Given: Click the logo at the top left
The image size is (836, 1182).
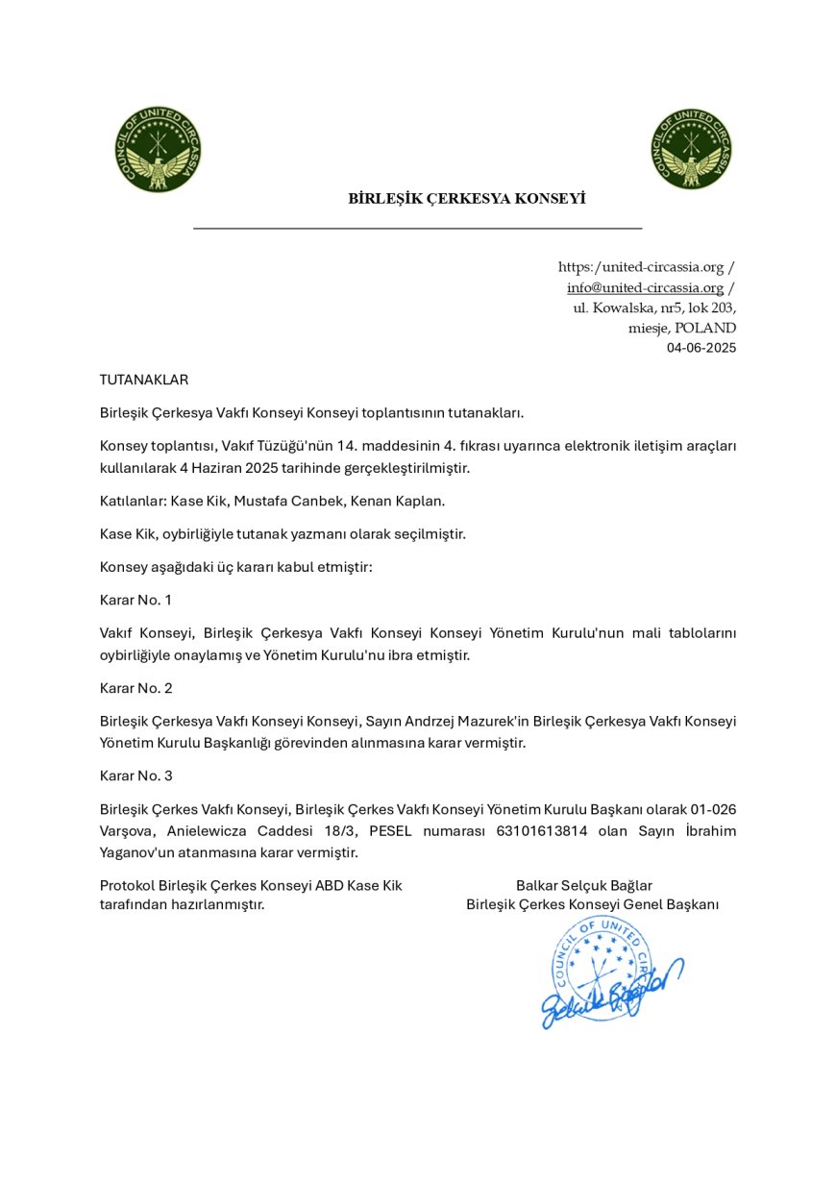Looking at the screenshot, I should coord(157,149).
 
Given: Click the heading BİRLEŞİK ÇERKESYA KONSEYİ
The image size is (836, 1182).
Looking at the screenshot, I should coord(467,199).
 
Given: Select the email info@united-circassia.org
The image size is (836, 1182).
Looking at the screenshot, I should coord(645,287).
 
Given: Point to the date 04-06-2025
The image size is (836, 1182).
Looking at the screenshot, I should coord(701,348).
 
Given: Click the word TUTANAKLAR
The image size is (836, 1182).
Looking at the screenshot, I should coord(144,380).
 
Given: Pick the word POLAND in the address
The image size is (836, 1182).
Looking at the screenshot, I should coord(711,328).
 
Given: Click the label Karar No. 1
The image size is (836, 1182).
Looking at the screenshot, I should coord(135,600).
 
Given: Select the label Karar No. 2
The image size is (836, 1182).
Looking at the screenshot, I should coord(135,688).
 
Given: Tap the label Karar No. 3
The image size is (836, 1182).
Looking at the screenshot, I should coord(135,776).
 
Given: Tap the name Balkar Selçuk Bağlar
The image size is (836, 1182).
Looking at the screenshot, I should coord(584,885).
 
